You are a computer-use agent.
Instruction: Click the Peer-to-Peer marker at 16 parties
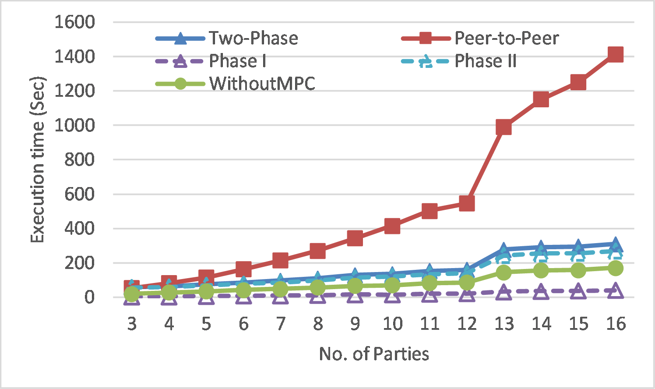click(615, 55)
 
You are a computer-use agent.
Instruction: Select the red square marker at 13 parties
click(504, 127)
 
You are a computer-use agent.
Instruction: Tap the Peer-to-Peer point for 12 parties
click(467, 203)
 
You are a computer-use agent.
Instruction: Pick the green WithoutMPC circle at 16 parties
click(615, 268)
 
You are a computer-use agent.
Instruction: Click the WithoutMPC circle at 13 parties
click(504, 272)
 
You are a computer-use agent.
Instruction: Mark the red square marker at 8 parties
click(317, 251)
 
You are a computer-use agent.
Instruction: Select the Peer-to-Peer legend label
click(507, 39)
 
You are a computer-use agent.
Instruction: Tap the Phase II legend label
click(486, 61)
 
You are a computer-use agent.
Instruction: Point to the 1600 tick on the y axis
click(74, 22)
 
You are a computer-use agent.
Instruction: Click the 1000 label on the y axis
click(74, 125)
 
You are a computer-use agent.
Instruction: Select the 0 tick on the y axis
click(89, 297)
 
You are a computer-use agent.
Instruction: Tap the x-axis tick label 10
click(392, 324)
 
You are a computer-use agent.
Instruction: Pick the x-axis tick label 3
click(132, 324)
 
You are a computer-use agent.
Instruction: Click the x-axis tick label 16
click(615, 324)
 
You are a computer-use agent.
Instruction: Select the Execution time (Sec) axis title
click(38, 160)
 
